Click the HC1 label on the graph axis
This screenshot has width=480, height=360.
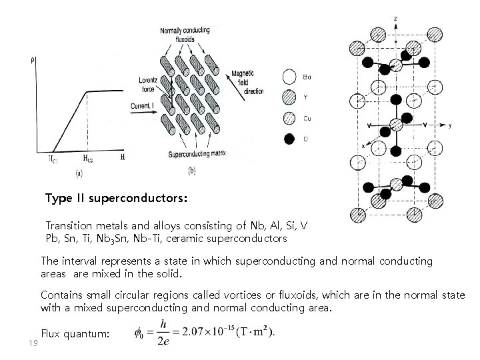(52, 159)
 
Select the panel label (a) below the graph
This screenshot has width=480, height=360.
(79, 173)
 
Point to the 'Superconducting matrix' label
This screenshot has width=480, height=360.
(197, 153)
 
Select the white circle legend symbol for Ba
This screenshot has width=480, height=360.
(289, 77)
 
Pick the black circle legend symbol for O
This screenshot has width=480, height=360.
(289, 139)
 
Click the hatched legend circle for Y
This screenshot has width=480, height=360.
(289, 97)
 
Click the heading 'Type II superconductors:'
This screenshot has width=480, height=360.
(117, 199)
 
